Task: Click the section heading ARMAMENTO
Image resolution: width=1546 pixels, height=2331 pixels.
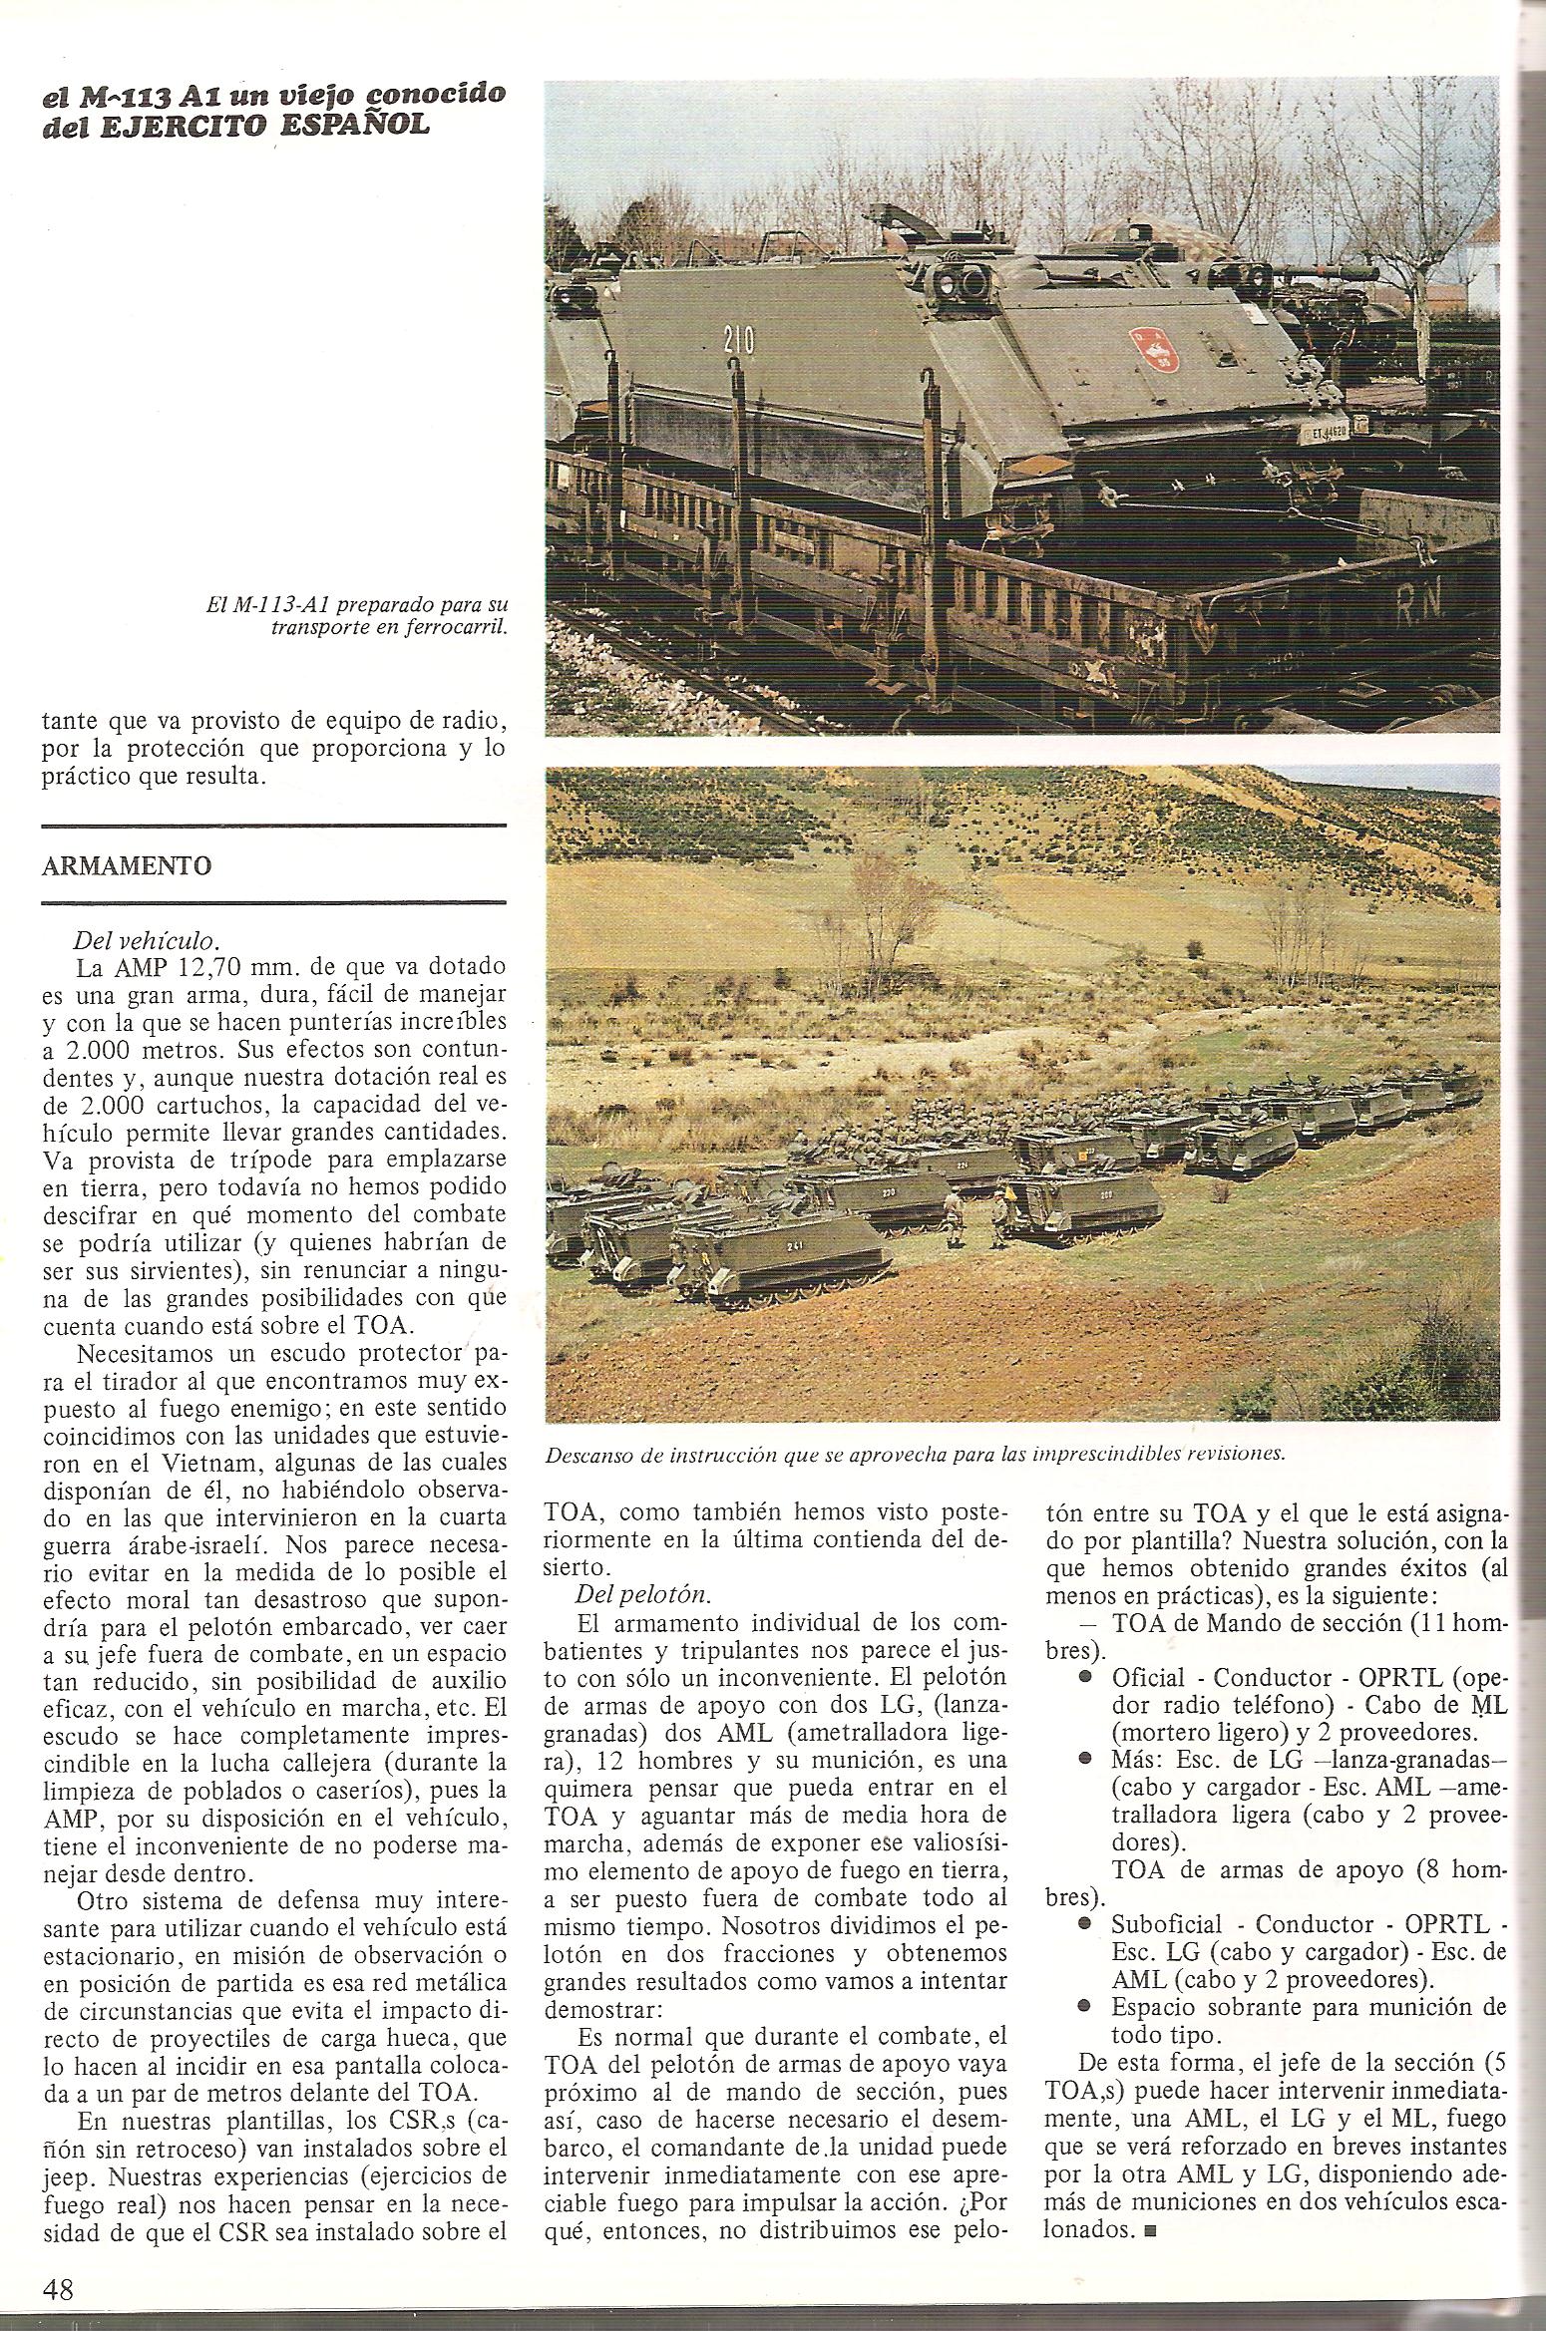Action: pyautogui.click(x=127, y=865)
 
